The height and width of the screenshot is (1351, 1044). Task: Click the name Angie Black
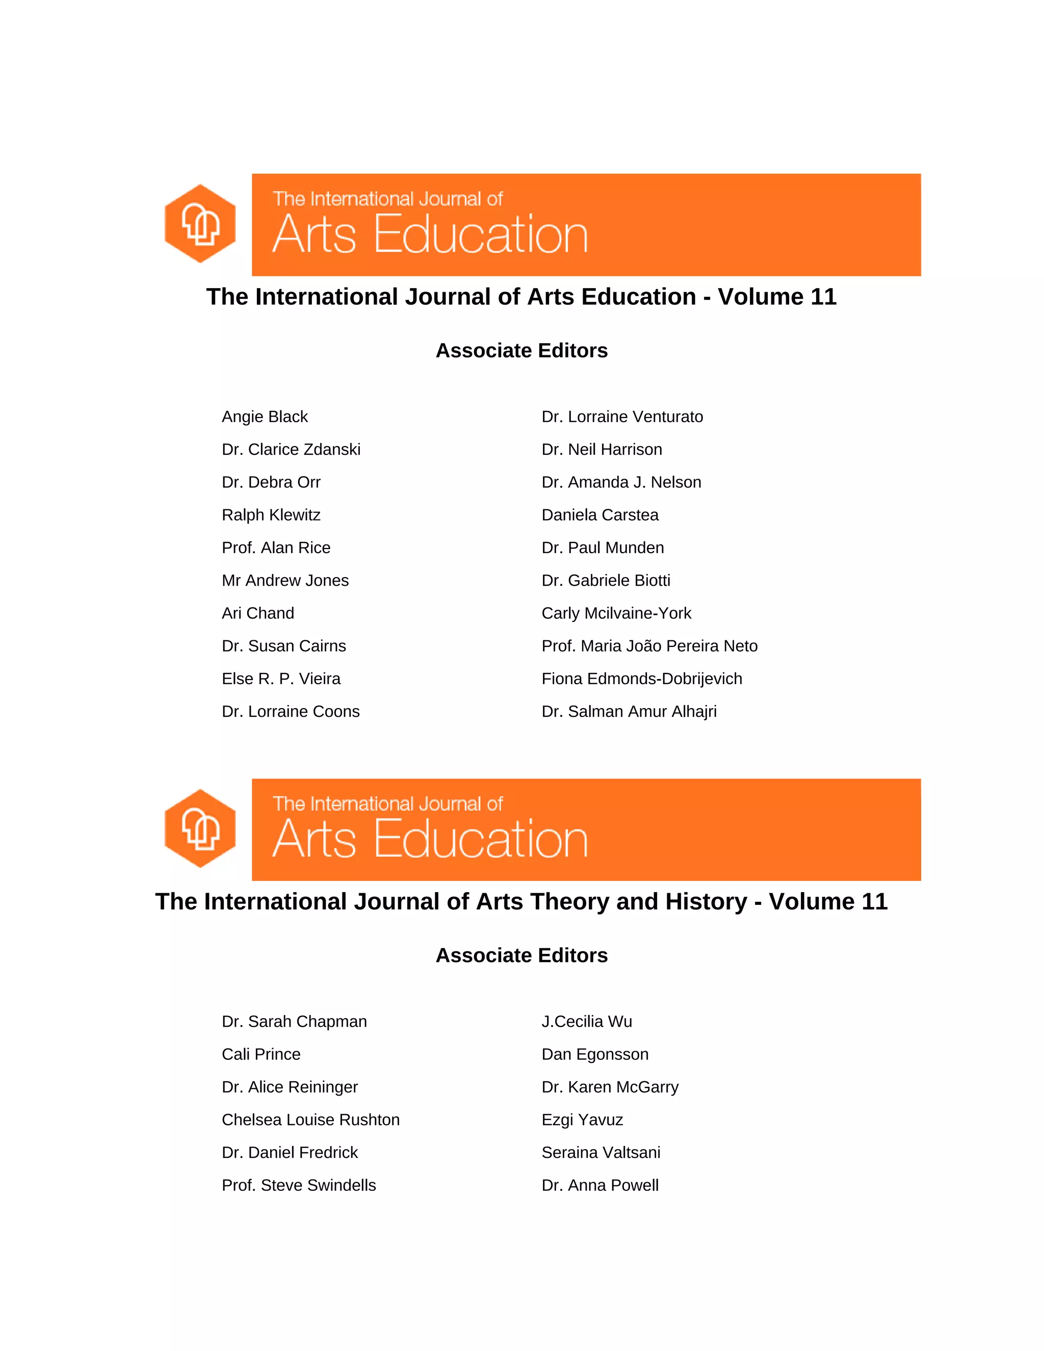pyautogui.click(x=265, y=417)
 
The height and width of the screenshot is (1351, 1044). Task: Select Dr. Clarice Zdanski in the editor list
pyautogui.click(x=291, y=450)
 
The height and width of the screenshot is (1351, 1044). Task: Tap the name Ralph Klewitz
pyautogui.click(x=271, y=515)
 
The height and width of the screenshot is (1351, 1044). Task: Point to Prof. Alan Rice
pyautogui.click(x=276, y=548)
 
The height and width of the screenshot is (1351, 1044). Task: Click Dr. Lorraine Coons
pyautogui.click(x=291, y=712)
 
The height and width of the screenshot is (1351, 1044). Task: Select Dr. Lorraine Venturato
pyautogui.click(x=622, y=417)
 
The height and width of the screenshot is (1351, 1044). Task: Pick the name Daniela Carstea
pyautogui.click(x=600, y=515)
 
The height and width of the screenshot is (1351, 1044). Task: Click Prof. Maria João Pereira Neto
pyautogui.click(x=649, y=646)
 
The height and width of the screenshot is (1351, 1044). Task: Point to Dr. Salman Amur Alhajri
pyautogui.click(x=629, y=712)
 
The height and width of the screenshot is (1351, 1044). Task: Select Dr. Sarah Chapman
pyautogui.click(x=295, y=1022)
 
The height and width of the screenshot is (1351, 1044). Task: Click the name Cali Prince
pyautogui.click(x=261, y=1055)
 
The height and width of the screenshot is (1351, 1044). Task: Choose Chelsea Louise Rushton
pyautogui.click(x=310, y=1120)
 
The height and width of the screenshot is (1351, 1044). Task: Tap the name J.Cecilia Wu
pyautogui.click(x=586, y=1022)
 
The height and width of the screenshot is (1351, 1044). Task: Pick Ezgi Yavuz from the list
pyautogui.click(x=582, y=1120)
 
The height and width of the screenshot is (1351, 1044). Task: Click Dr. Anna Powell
pyautogui.click(x=600, y=1186)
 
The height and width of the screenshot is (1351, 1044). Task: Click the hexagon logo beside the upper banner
pyautogui.click(x=200, y=223)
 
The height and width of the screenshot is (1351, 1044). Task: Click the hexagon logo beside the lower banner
pyautogui.click(x=200, y=828)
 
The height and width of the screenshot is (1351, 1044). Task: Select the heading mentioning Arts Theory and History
pyautogui.click(x=521, y=902)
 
